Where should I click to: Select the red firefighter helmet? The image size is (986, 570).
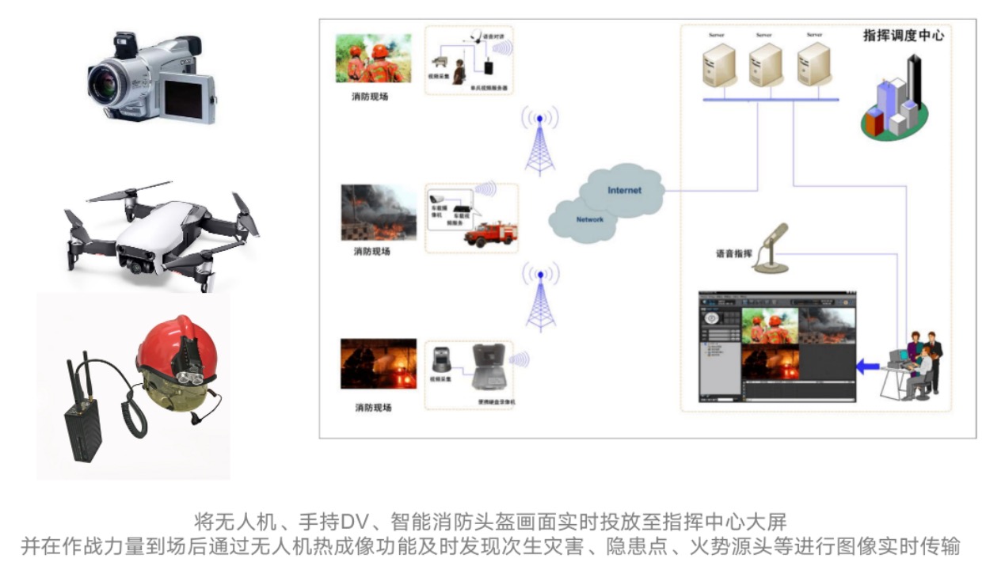(x=170, y=352)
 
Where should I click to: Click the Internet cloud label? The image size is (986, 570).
(x=624, y=191)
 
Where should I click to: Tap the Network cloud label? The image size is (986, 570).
(x=589, y=219)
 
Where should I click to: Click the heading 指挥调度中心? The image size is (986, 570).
(x=903, y=36)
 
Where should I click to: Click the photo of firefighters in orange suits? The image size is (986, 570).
(x=373, y=59)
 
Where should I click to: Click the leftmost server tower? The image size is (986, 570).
(x=717, y=65)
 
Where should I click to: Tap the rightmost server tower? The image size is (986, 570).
(x=813, y=65)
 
